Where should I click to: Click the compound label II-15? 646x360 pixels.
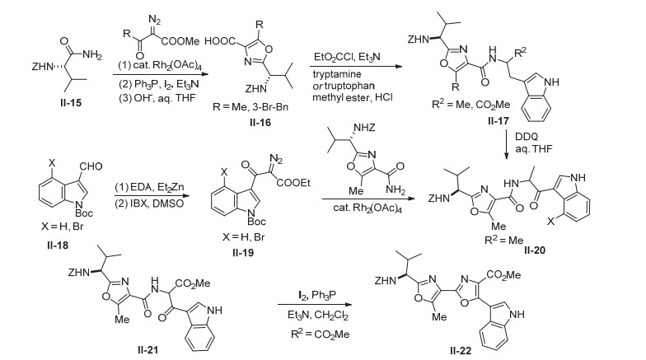pos(71,102)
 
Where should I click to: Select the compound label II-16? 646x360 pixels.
pos(260,122)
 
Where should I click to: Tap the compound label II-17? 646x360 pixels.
pos(498,120)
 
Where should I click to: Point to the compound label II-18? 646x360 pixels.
pos(58,245)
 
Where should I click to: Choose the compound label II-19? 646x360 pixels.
pos(242,252)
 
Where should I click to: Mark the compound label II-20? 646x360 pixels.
pos(534,250)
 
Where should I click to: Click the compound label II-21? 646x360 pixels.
pos(148,350)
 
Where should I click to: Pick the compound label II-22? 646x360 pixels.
pos(460,351)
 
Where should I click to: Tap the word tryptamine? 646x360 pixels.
pos(336,74)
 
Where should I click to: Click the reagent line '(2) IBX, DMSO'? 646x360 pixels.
pos(149,204)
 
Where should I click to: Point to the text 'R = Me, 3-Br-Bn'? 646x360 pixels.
pos(250,107)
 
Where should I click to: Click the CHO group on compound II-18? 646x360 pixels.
pos(91,166)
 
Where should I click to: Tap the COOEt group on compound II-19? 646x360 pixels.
pos(293,183)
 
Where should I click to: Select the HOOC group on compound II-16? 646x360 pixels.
pos(220,41)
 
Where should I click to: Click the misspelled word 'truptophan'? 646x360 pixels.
pos(349,86)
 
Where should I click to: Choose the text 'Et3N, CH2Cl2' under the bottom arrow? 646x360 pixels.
pos(318,316)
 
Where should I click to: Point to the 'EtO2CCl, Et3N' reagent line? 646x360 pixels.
pos(347,57)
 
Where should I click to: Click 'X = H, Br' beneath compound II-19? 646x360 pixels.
pos(244,237)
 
